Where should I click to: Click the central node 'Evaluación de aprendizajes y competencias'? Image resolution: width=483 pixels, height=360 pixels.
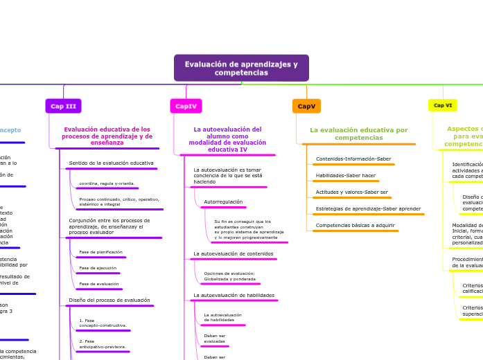tap(241, 69)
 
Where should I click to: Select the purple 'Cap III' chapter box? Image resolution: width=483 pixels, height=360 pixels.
tap(63, 106)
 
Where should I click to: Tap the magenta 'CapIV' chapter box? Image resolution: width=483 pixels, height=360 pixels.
tap(186, 106)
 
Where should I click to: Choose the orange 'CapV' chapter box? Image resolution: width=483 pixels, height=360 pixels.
tap(306, 106)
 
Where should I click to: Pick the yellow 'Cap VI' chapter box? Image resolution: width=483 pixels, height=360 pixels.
tap(442, 105)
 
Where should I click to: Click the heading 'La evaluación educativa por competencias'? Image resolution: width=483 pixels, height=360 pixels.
tap(358, 134)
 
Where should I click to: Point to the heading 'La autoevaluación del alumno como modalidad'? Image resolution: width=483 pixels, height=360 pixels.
tap(227, 139)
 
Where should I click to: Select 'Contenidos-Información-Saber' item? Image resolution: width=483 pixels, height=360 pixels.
tap(353, 159)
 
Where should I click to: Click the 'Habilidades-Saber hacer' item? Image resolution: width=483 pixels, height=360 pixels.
tap(346, 175)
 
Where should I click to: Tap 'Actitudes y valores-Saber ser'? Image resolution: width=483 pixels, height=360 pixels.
tap(352, 192)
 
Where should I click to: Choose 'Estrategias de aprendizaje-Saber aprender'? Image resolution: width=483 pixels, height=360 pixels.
tap(368, 208)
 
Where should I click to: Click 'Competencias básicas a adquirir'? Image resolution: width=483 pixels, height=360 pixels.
tap(355, 225)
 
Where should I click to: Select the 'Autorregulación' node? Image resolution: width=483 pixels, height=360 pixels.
tap(223, 201)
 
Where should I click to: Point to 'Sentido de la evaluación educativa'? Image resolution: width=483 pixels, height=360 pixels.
tap(111, 163)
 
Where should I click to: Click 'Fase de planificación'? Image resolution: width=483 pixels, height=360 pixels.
tap(100, 252)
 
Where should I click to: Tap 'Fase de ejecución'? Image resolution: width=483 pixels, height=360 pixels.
tap(98, 268)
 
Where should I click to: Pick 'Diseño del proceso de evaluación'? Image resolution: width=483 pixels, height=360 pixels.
tap(109, 300)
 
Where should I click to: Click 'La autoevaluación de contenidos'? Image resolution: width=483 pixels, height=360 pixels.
tap(233, 253)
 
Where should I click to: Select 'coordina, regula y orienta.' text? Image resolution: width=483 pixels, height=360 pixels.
tap(107, 183)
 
